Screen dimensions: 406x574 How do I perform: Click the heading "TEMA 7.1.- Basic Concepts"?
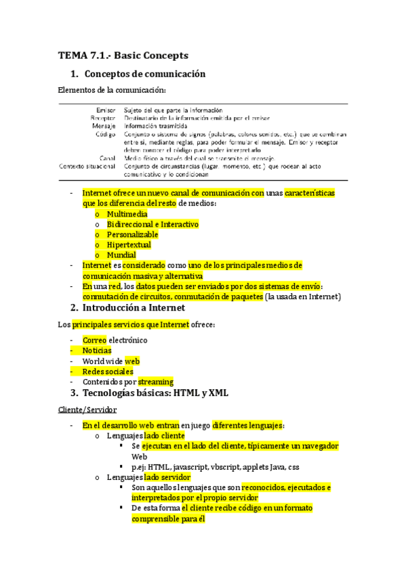click(x=123, y=55)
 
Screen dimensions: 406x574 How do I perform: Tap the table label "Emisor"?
click(x=105, y=109)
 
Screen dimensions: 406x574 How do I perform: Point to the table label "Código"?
click(x=104, y=133)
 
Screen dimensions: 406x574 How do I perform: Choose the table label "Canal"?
click(x=106, y=158)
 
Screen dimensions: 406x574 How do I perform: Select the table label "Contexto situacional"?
click(x=87, y=166)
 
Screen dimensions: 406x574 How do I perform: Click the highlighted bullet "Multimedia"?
click(x=129, y=214)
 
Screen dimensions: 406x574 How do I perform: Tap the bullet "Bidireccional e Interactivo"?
click(x=153, y=224)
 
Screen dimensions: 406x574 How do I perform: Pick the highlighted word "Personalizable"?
click(x=132, y=234)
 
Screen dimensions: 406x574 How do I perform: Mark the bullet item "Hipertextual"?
click(x=129, y=244)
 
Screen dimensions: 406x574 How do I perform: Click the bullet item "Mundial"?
click(x=121, y=255)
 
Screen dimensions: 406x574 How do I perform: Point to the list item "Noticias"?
click(x=97, y=351)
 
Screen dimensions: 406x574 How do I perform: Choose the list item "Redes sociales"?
click(x=108, y=371)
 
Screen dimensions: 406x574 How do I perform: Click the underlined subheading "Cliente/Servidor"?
click(x=87, y=410)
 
